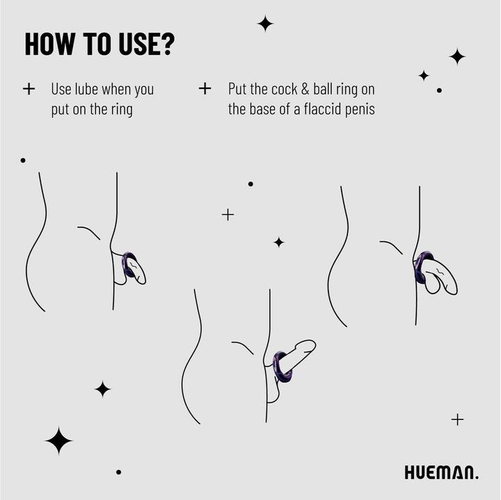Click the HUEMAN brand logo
(x=441, y=473)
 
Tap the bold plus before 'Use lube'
(x=29, y=89)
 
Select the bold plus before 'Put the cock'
(x=205, y=89)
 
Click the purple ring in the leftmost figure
(x=128, y=265)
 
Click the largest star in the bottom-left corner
(x=58, y=441)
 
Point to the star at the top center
(x=265, y=24)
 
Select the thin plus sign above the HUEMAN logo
(x=457, y=419)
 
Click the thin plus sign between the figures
(x=228, y=214)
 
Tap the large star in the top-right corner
(x=456, y=56)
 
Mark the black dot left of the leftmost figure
(x=23, y=160)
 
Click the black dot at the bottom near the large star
(x=118, y=471)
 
